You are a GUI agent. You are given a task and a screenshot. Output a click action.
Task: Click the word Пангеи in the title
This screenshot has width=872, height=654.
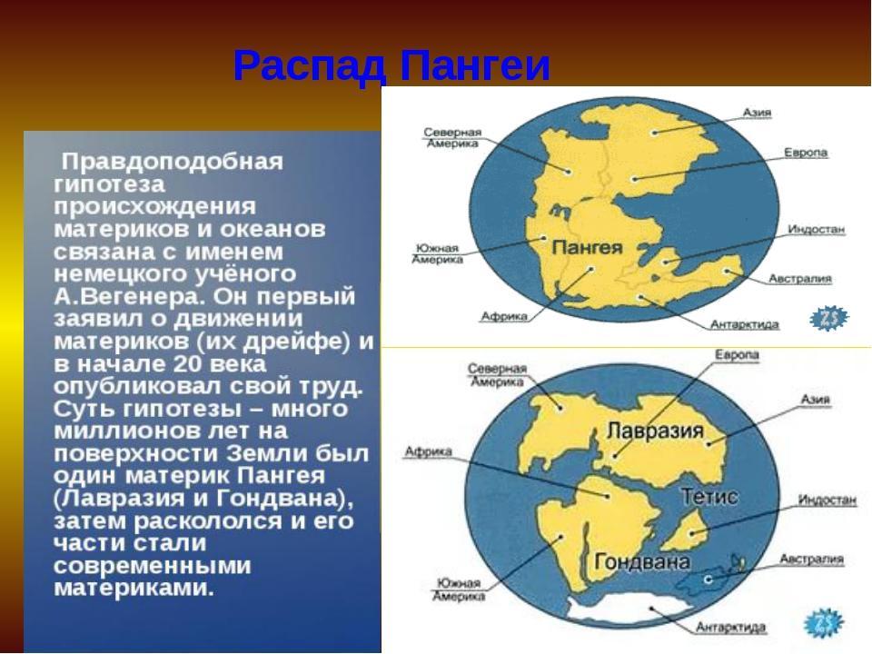[x=475, y=65]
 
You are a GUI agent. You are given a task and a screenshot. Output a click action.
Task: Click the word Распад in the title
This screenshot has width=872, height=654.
[x=309, y=66]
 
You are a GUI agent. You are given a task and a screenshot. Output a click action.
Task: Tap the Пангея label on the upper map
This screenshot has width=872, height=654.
[x=587, y=247]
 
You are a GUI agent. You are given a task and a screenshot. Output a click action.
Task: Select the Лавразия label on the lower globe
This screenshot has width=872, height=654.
[x=655, y=431]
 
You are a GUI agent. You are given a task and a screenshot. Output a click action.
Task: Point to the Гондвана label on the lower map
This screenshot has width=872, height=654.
[x=642, y=561]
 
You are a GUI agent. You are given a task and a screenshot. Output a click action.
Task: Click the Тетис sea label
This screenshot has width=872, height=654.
[x=709, y=496]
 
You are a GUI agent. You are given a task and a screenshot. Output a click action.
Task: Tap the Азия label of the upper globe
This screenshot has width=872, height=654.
[x=757, y=113]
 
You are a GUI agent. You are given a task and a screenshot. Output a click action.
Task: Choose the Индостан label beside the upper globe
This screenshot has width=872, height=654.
[x=816, y=229]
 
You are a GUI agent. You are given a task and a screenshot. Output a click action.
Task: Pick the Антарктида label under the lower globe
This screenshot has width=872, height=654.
[x=730, y=628]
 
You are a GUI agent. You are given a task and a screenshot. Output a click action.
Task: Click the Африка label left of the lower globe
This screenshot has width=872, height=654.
[x=428, y=451]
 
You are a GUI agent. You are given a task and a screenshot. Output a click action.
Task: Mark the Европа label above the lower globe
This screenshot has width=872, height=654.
[x=737, y=355]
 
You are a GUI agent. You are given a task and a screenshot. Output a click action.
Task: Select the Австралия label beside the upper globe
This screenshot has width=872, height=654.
[x=799, y=279]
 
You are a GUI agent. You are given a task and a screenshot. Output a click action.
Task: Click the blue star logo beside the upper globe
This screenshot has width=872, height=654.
[x=829, y=319]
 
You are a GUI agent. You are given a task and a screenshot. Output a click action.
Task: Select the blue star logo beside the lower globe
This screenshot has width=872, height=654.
[x=824, y=622]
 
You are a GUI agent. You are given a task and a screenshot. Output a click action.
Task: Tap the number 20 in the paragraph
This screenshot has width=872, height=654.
[x=186, y=363]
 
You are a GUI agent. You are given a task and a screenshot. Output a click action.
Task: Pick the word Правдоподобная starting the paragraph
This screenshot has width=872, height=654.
[x=173, y=162]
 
